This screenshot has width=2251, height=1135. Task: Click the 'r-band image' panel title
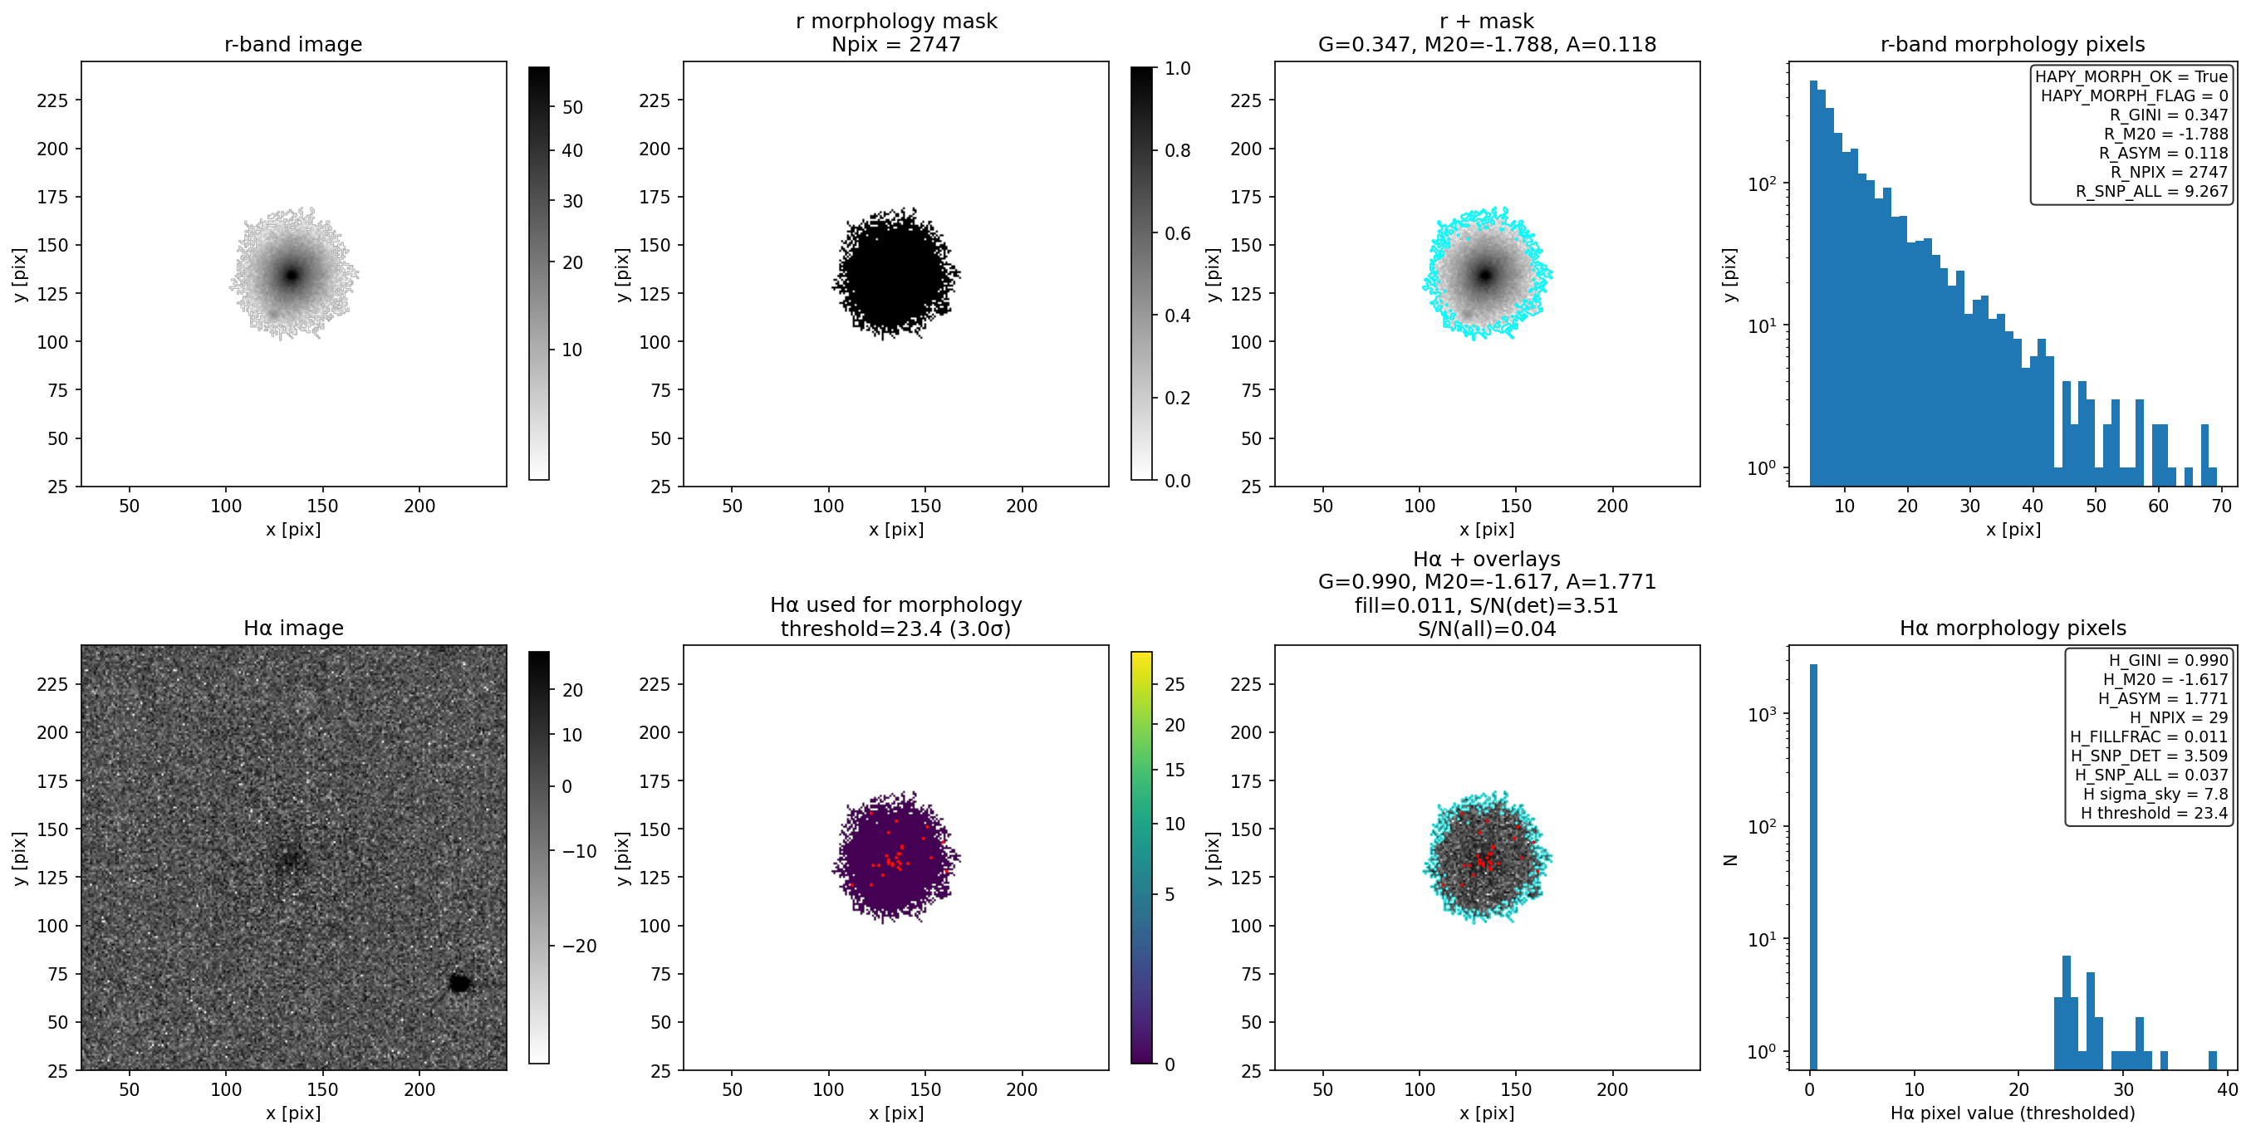pos(292,45)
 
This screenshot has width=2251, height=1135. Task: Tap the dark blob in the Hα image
pos(459,983)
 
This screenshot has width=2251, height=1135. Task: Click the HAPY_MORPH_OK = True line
pos(2131,77)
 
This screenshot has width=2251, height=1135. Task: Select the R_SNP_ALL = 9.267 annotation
pos(2152,191)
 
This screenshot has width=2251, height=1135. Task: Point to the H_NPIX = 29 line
pos(2179,717)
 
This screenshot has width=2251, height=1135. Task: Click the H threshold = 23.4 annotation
pos(2154,814)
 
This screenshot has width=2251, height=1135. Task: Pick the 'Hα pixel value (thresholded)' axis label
pos(2013,1113)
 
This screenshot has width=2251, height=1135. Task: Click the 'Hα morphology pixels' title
pos(2013,629)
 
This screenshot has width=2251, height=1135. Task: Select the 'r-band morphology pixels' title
pos(2013,45)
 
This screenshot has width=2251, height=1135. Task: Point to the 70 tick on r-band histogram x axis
pos(2221,506)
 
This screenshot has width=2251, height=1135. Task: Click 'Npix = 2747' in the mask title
pos(895,45)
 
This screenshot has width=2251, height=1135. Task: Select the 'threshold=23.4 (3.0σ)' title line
pos(895,629)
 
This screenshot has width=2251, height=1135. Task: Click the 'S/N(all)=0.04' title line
pos(1486,629)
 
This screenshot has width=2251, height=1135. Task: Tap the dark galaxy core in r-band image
pos(292,275)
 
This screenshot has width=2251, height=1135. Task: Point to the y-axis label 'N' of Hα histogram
pos(1730,860)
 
